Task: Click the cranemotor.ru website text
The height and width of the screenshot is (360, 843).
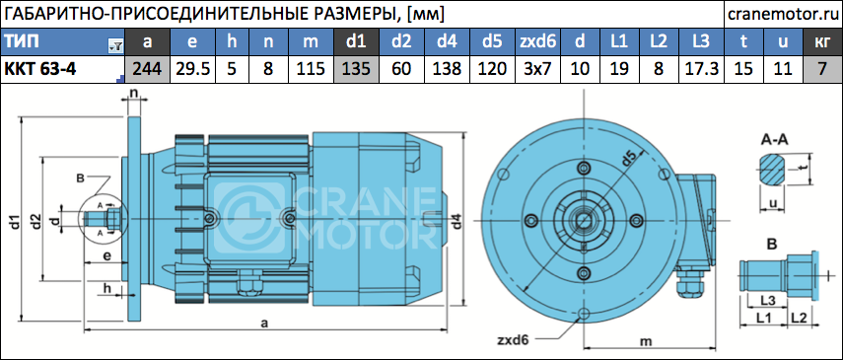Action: (x=783, y=14)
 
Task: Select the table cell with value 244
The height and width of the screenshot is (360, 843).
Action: (x=147, y=69)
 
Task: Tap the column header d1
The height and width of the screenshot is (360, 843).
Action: (x=355, y=42)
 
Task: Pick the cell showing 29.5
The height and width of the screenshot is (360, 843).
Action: (x=193, y=69)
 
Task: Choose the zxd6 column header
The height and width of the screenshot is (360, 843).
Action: (x=536, y=42)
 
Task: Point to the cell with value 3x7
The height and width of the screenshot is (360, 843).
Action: (x=536, y=69)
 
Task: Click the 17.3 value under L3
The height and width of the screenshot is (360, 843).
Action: (x=701, y=69)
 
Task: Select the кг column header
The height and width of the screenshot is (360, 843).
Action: (x=821, y=42)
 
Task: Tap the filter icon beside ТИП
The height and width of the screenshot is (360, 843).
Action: (x=115, y=46)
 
